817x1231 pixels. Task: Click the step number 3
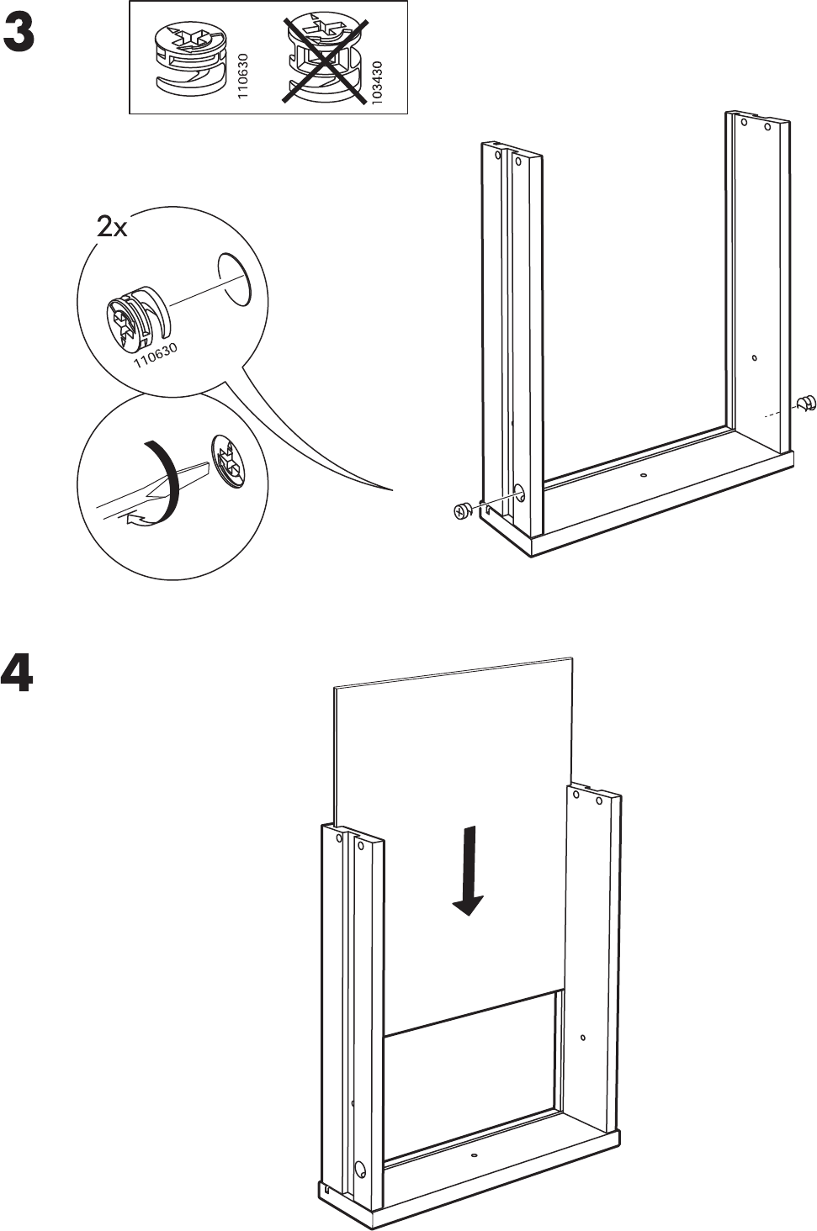[x=19, y=34]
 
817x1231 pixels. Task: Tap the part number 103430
[x=377, y=82]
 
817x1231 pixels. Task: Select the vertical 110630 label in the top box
[x=244, y=77]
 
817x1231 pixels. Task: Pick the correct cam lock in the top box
[x=191, y=56]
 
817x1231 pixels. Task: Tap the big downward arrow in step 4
[x=468, y=871]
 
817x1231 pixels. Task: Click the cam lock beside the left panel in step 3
[x=460, y=510]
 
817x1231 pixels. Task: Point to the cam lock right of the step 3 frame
[x=806, y=402]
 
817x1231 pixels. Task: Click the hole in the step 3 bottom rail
[x=644, y=476]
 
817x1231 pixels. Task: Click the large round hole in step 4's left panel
[x=361, y=1169]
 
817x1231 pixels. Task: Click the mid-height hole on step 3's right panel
[x=755, y=359]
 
